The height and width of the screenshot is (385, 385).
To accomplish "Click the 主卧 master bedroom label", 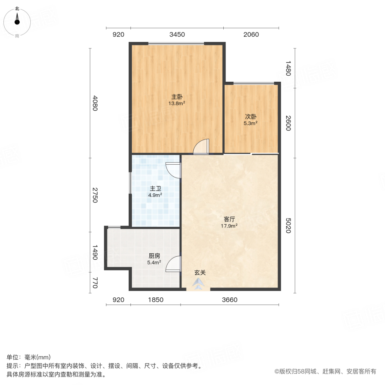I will [x=177, y=97].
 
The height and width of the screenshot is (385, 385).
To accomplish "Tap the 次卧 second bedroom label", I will [x=251, y=116].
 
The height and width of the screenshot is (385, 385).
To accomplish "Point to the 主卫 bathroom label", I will [x=155, y=188].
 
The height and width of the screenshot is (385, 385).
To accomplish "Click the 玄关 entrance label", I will [x=200, y=272].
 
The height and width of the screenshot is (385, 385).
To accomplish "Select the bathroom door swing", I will [x=174, y=170].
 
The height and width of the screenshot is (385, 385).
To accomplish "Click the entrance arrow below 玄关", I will [x=198, y=284].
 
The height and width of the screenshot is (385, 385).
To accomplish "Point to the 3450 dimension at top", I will [x=177, y=35].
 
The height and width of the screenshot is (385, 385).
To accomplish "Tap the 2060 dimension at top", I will [x=251, y=35].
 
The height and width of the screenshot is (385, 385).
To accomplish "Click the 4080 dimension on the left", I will [x=95, y=103].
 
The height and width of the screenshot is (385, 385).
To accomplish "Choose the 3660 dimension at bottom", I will [x=229, y=300].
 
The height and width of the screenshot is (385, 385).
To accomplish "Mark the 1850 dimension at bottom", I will [x=156, y=300].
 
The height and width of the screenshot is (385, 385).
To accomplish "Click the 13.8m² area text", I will [x=177, y=103].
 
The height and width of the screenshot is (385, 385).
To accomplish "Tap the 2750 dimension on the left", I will [x=95, y=195].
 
